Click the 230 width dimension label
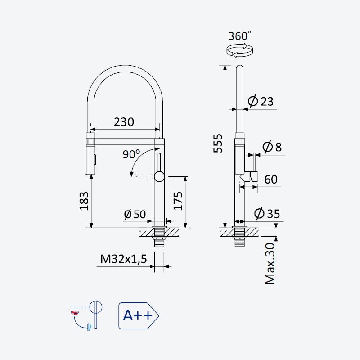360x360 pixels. [124, 122]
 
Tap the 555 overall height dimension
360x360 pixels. [218, 143]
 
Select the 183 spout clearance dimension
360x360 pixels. [84, 201]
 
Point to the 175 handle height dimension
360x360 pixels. [178, 201]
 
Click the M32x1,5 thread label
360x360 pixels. [123, 259]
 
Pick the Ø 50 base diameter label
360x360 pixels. [135, 214]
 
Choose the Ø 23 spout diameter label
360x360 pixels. [261, 101]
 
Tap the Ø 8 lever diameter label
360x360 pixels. [272, 147]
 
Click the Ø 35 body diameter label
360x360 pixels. [267, 213]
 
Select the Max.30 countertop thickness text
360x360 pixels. [270, 264]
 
